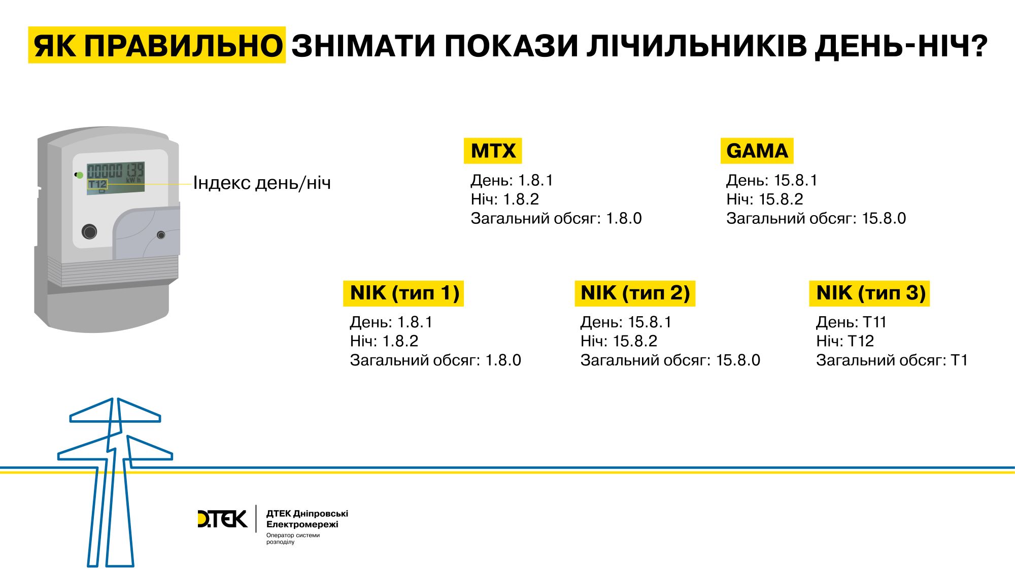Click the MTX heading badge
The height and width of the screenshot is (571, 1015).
coord(493,151)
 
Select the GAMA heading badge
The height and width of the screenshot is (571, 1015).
coord(757,151)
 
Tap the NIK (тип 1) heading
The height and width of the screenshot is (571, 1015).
coord(403,293)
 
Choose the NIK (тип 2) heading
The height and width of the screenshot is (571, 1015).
coord(635,293)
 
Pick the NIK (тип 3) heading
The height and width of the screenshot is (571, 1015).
coord(869,293)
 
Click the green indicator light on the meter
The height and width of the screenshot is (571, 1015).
coord(79,175)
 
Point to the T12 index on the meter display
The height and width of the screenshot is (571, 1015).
coord(97,184)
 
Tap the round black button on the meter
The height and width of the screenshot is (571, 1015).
coord(89,232)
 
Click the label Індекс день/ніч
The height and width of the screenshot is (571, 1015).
coord(262,183)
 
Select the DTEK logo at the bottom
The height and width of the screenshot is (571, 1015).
coord(222,519)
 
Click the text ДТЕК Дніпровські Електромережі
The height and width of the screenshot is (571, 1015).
coord(307,519)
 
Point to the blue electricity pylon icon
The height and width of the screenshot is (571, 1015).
coord(115,482)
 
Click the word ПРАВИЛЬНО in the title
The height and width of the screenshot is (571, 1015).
coord(183,46)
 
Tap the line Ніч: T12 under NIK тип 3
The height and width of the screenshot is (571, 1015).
coord(845,341)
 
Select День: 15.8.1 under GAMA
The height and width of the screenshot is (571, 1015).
coord(771,180)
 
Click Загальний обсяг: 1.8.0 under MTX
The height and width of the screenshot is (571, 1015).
coord(556,218)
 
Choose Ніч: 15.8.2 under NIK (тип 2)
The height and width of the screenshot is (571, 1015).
coord(619,341)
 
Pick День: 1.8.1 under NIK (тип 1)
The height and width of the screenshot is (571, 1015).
coord(391,322)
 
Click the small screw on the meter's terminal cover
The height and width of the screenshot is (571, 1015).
coord(161,235)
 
